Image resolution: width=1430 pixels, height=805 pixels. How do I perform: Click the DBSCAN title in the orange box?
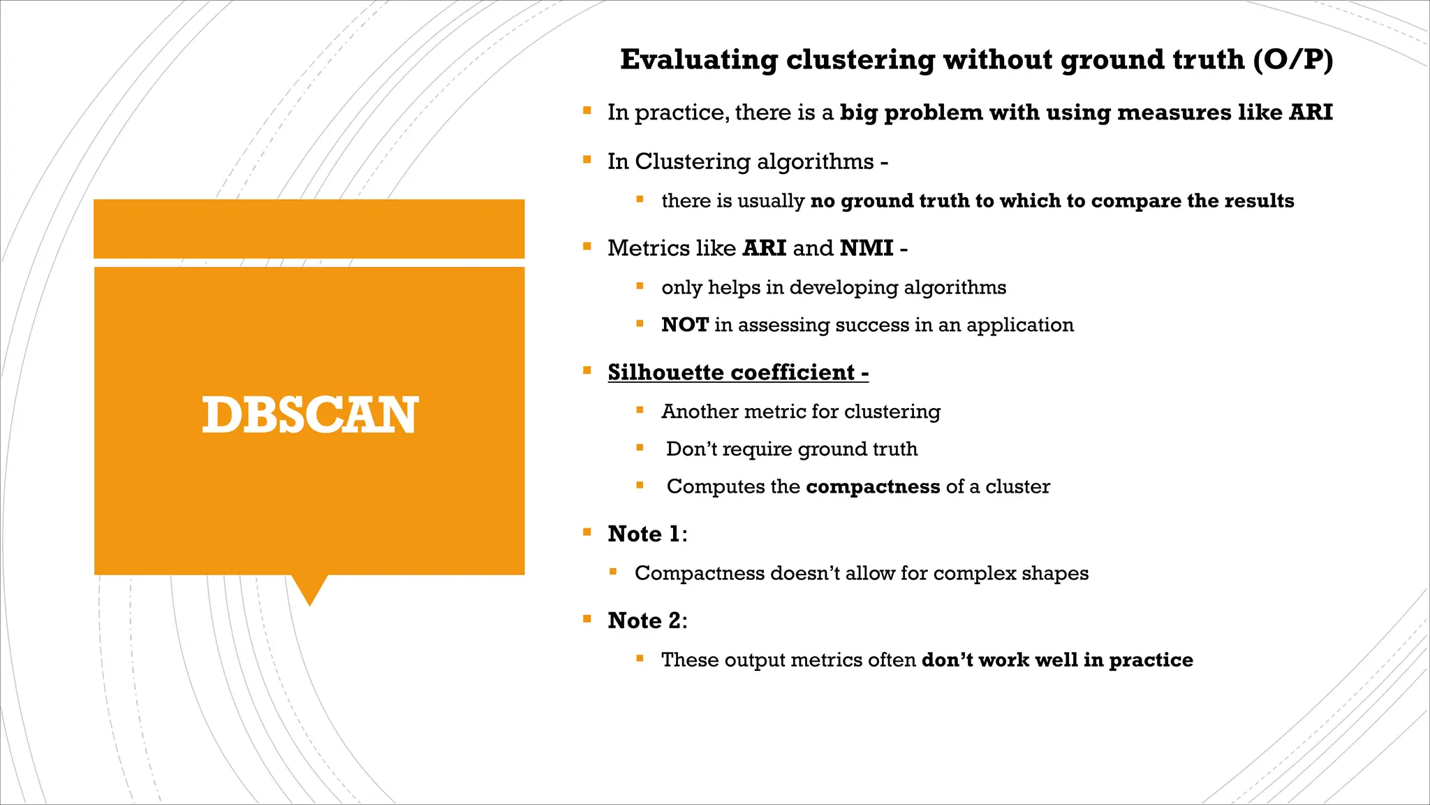click(x=310, y=415)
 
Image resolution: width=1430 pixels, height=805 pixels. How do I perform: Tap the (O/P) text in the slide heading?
click(x=1292, y=60)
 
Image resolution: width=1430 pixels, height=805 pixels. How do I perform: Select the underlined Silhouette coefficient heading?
click(x=737, y=372)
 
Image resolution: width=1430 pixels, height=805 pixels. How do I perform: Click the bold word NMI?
click(x=867, y=248)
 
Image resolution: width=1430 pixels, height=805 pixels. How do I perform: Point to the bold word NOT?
click(x=684, y=325)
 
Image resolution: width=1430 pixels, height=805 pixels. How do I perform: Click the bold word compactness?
click(x=873, y=486)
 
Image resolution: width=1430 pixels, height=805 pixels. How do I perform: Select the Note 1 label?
click(x=646, y=534)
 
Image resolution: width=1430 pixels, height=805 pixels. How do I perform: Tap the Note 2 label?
click(x=646, y=621)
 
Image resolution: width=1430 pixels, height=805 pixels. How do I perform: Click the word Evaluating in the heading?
click(x=698, y=60)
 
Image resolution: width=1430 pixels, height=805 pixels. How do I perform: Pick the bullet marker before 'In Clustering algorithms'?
click(x=587, y=160)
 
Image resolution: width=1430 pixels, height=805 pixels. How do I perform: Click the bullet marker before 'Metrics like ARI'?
click(x=587, y=247)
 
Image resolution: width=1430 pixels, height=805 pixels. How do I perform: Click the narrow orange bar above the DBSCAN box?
click(x=309, y=229)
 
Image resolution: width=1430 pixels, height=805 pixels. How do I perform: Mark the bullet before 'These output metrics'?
click(x=640, y=658)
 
